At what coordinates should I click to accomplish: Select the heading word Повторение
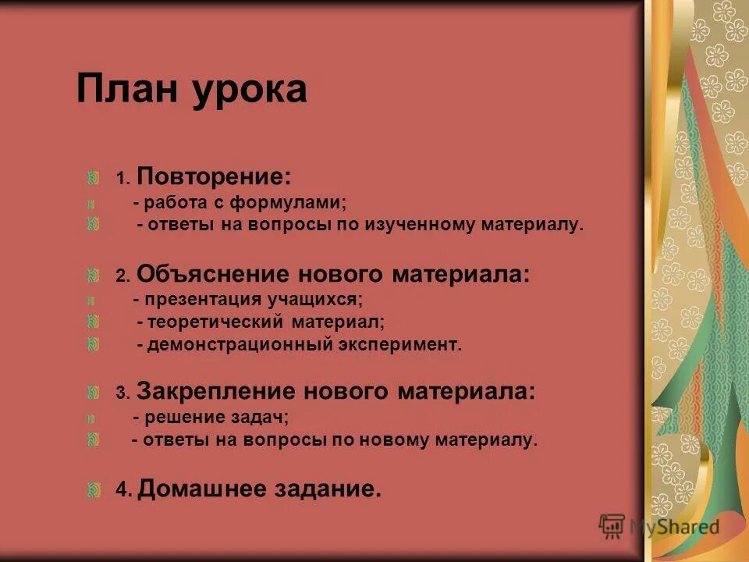pyautogui.click(x=215, y=178)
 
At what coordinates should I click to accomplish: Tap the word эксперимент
pyautogui.click(x=400, y=345)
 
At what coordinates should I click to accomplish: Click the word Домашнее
pyautogui.click(x=201, y=489)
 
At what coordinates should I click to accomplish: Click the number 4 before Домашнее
pyautogui.click(x=121, y=491)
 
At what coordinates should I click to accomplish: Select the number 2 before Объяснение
pyautogui.click(x=121, y=276)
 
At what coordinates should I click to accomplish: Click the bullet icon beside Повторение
pyautogui.click(x=93, y=178)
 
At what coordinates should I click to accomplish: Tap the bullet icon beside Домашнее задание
pyautogui.click(x=93, y=489)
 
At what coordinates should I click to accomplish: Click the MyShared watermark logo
pyautogui.click(x=658, y=526)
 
